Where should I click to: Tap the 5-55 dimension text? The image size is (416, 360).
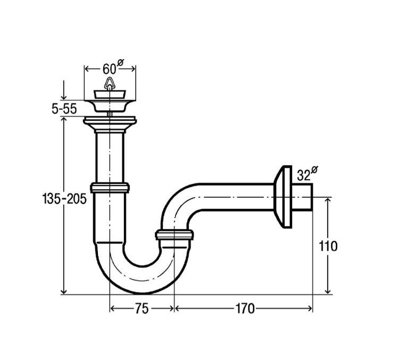64,109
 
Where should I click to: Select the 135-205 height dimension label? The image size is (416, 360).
64,199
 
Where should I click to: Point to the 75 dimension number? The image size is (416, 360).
142,308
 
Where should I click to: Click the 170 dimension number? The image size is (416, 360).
245,308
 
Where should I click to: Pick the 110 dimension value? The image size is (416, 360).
328,246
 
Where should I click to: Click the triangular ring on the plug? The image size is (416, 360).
109,83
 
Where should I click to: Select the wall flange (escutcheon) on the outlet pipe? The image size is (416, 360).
282,197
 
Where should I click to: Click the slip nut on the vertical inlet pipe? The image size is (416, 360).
110,188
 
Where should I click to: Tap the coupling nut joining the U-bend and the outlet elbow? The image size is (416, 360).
174,236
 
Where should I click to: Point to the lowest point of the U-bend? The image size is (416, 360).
143,294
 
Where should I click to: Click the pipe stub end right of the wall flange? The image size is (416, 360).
302,197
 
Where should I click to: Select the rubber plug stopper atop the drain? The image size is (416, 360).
110,95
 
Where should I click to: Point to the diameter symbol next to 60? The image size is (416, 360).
120,63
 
